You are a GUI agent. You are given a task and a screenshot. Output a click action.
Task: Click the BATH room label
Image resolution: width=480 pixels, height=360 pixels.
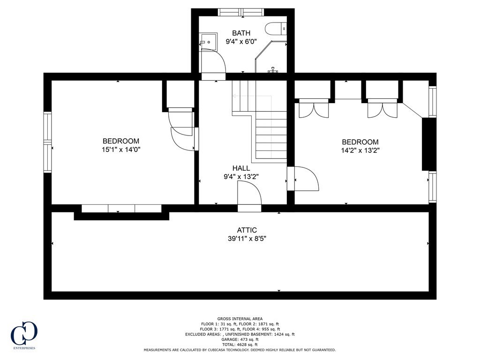click(x=241, y=33)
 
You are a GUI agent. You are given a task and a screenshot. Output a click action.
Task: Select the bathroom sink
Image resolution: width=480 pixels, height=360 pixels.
click(x=208, y=41)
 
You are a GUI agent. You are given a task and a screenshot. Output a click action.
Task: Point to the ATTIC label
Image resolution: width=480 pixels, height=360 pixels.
click(x=247, y=230)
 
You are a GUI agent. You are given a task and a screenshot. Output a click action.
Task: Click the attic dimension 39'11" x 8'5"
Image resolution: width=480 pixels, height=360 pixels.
click(x=247, y=239)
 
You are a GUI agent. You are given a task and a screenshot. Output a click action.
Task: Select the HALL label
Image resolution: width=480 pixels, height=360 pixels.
click(x=241, y=168)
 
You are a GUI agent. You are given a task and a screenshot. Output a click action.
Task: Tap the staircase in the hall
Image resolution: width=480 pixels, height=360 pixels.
click(x=270, y=136)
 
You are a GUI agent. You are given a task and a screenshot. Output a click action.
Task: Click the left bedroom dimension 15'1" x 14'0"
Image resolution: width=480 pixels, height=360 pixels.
click(x=121, y=150)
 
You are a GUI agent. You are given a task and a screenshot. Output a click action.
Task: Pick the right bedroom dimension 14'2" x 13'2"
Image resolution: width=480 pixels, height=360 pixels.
click(x=360, y=150)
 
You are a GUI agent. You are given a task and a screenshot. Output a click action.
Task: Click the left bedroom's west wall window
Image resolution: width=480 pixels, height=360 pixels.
click(x=47, y=142)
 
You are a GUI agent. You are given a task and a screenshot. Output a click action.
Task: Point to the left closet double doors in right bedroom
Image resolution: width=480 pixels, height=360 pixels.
click(x=314, y=108)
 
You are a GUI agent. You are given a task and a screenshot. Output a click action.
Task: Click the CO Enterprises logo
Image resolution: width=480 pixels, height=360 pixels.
click(x=24, y=335)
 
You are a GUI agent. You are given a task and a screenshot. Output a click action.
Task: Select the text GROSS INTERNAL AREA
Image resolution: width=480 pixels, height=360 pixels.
click(x=240, y=319)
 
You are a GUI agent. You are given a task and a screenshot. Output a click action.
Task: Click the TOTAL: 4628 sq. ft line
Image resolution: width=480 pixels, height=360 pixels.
click(x=240, y=345)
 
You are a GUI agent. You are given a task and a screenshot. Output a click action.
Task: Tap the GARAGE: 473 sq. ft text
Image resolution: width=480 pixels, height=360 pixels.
click(x=240, y=339)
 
